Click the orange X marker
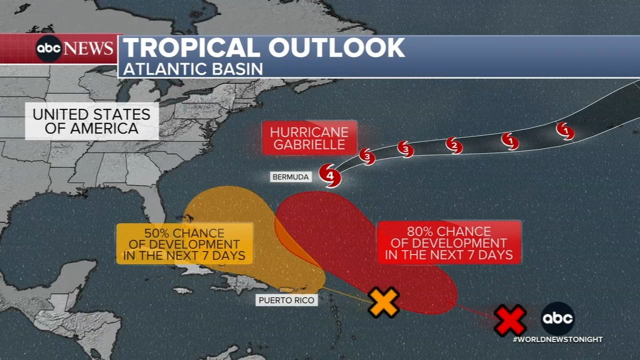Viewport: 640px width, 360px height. [383, 302]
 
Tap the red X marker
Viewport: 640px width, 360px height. [510, 320]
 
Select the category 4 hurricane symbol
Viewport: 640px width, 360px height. [330, 175]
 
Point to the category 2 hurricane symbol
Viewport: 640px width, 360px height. [454, 145]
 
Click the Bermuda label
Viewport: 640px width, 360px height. [290, 177]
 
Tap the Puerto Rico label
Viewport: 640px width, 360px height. [286, 300]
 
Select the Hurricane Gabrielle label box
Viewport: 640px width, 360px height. [309, 138]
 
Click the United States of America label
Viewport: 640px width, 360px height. [91, 121]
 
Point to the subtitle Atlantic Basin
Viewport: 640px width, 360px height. [193, 69]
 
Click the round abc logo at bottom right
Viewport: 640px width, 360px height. [557, 318]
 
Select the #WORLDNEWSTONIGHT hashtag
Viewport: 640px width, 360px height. [557, 339]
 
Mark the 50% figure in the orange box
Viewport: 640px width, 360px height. [156, 233]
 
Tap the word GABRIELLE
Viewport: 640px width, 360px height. [309, 145]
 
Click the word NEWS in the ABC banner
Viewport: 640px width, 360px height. [88, 48]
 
